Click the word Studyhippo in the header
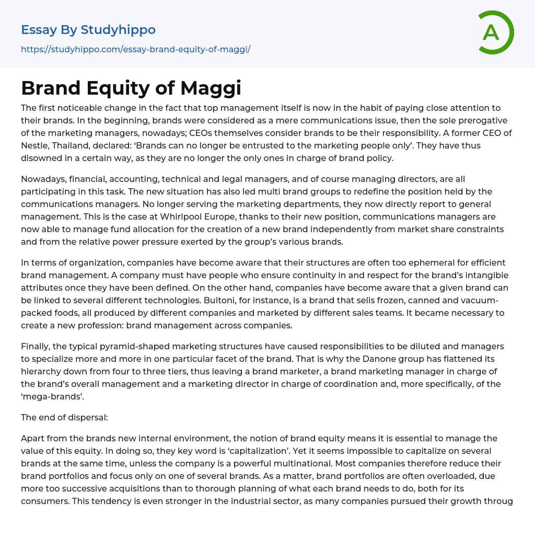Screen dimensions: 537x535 click(x=118, y=30)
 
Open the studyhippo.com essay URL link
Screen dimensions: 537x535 click(x=136, y=50)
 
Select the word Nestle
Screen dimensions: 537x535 click(x=37, y=145)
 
